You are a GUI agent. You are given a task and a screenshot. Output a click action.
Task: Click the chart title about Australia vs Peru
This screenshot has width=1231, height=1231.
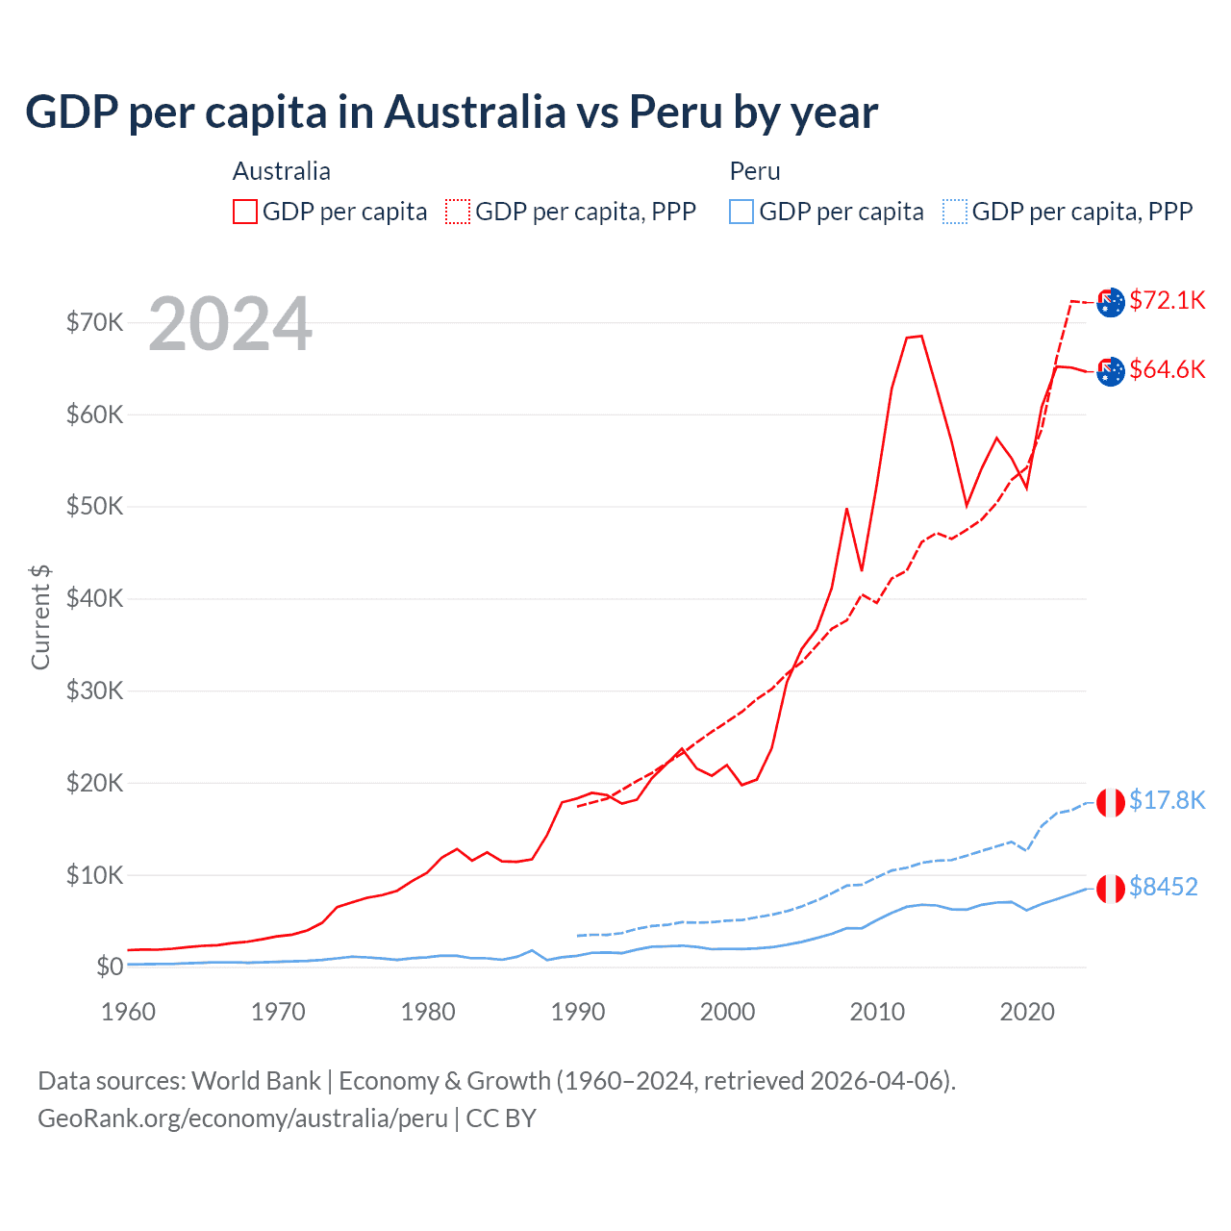451,112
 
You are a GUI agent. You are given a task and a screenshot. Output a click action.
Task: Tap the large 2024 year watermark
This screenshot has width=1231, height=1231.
230,324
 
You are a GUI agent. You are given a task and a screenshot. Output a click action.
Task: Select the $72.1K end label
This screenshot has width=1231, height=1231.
1167,300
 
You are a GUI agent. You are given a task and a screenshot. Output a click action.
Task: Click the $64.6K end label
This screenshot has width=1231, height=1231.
1167,369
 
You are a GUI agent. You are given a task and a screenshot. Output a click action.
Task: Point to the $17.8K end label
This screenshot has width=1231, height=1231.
1167,800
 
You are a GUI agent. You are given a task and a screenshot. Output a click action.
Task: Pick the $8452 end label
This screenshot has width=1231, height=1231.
1163,887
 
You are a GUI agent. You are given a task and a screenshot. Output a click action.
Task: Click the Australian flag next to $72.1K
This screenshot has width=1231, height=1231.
1111,302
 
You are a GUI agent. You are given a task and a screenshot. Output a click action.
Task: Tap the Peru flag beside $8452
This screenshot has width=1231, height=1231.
1111,889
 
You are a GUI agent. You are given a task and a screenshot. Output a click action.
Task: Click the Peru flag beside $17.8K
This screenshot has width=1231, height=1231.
1111,802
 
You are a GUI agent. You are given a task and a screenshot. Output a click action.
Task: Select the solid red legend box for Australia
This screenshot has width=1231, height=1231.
245,212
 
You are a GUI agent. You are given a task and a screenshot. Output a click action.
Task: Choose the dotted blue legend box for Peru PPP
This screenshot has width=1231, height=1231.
954,212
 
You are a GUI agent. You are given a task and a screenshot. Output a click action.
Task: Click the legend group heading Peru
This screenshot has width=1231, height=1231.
755,171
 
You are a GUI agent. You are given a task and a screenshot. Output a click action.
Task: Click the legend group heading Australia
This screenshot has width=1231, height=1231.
282,171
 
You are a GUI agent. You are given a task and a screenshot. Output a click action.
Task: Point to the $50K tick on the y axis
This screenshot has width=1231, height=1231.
94,507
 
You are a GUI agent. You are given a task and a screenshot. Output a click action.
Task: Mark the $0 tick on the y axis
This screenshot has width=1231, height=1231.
110,967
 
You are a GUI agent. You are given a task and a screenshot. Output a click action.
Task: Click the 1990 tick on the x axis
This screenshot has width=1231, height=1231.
578,1012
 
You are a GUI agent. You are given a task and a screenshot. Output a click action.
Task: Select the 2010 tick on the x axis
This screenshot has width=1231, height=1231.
877,1012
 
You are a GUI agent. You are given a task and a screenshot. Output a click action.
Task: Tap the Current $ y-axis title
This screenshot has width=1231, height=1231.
40,617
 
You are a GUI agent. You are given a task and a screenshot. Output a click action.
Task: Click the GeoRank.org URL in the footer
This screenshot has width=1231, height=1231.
242,1118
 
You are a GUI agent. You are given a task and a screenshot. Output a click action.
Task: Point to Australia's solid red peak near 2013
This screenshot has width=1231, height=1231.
920,336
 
